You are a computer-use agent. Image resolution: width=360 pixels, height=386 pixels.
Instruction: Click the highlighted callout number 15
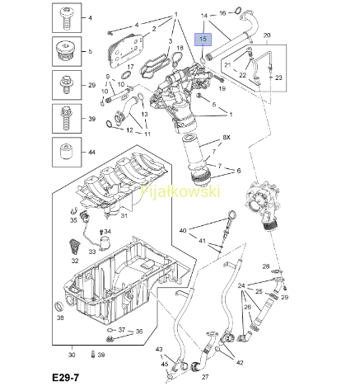point(203,39)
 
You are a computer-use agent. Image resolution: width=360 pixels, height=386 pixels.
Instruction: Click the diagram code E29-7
point(66,378)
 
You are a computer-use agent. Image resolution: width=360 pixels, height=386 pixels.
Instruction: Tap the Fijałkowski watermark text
point(180,191)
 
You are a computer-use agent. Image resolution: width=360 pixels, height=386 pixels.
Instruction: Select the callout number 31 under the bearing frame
point(124,216)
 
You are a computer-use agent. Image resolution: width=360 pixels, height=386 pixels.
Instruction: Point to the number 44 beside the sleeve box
point(91,152)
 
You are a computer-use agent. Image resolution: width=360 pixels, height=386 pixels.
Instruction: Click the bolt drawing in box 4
point(66,18)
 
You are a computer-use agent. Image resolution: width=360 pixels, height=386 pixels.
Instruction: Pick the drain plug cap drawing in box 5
point(65,51)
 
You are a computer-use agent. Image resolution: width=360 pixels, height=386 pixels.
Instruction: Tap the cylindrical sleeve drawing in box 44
point(65,152)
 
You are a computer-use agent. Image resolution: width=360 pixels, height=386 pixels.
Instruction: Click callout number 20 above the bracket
point(267,35)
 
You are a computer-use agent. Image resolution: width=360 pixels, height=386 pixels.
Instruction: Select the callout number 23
point(278,78)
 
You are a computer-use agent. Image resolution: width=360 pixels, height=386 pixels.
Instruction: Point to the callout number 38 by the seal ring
point(60,318)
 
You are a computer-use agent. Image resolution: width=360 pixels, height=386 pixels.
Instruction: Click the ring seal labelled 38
point(59,306)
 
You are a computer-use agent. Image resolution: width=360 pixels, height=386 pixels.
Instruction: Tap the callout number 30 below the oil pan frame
point(72,355)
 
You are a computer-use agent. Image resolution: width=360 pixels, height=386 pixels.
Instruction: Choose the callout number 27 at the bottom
point(205,377)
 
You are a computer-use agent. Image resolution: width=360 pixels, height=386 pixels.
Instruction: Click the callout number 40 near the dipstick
point(183,230)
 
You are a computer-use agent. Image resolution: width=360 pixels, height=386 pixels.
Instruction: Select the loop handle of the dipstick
point(231,214)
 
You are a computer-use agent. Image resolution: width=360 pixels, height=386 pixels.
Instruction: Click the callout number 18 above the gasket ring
point(180,48)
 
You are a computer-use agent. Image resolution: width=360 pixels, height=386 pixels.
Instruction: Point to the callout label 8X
point(227,137)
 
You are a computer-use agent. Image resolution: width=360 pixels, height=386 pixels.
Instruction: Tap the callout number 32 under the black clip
point(75,261)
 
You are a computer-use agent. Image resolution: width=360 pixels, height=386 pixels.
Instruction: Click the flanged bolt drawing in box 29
point(66,85)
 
